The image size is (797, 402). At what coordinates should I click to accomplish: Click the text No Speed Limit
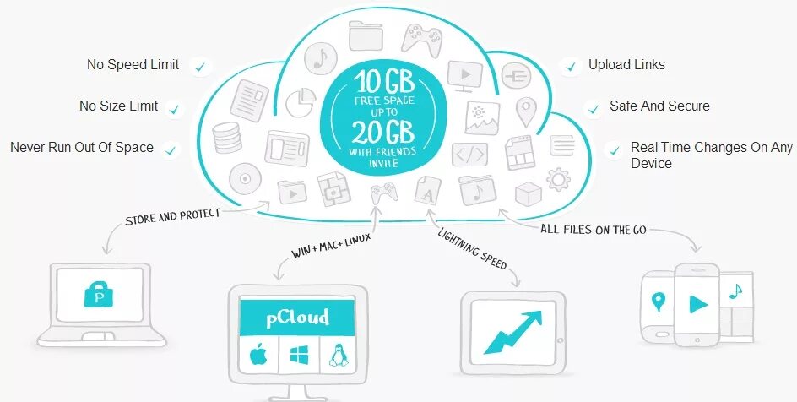tap(133, 65)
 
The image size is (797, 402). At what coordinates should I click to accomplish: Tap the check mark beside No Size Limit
tap(174, 108)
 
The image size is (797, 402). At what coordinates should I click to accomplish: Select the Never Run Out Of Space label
tap(82, 148)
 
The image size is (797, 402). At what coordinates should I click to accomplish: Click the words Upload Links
tap(626, 65)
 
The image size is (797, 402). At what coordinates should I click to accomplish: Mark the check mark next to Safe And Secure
tap(593, 109)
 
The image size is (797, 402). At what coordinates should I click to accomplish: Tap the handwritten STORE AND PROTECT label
tap(172, 217)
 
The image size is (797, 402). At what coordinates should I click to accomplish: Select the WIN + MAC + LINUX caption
tap(332, 245)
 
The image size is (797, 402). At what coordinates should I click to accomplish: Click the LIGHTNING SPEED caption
tap(473, 249)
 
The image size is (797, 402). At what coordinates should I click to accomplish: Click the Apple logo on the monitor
tap(258, 356)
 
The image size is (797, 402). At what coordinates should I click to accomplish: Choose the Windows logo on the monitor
tap(299, 356)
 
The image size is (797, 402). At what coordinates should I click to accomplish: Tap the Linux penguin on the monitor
tap(339, 356)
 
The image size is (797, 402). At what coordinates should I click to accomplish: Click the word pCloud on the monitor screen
tap(298, 318)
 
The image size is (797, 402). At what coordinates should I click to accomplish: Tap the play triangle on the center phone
tap(697, 301)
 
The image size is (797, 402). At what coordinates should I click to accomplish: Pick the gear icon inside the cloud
tap(558, 179)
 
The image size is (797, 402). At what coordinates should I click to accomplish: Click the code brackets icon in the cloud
tap(469, 155)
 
